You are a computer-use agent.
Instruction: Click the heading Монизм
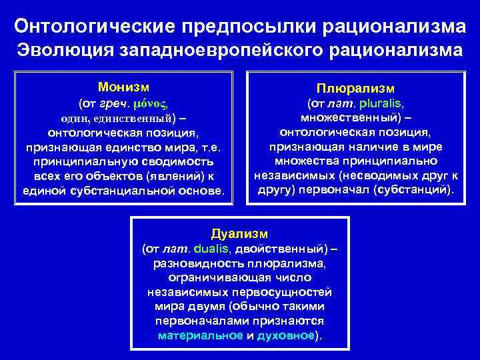tap(123, 87)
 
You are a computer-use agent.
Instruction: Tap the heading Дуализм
tap(239, 234)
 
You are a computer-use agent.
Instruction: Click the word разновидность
tap(194, 263)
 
